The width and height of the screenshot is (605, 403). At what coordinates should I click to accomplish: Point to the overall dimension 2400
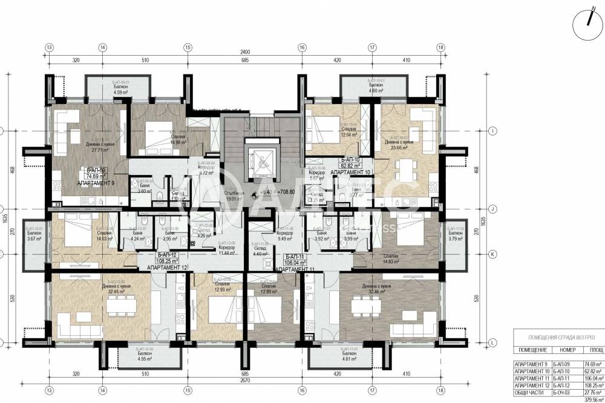[x=244, y=52]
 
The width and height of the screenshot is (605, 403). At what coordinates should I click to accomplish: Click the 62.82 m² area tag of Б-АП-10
[x=351, y=165]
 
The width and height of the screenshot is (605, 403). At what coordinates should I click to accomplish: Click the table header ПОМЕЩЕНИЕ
[x=532, y=350]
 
